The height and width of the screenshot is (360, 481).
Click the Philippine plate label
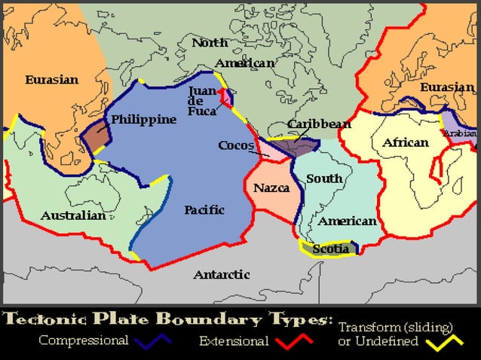click(143, 119)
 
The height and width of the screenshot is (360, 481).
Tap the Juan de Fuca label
click(201, 100)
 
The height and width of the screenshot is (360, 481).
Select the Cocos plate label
click(236, 145)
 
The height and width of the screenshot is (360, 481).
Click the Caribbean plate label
click(319, 124)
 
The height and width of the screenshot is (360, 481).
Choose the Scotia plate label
click(330, 249)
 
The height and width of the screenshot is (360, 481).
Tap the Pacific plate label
click(205, 210)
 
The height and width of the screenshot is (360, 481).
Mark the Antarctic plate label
click(222, 275)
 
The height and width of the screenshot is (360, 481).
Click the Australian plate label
click(73, 215)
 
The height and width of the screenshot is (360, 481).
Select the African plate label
click(405, 142)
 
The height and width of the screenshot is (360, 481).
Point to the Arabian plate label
click(459, 133)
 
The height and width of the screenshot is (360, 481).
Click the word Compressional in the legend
click(83, 340)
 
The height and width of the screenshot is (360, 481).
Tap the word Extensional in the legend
click(234, 341)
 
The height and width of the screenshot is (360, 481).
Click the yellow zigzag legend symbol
click(443, 342)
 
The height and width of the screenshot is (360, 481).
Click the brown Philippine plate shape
click(95, 137)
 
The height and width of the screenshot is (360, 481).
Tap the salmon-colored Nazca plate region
click(270, 200)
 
